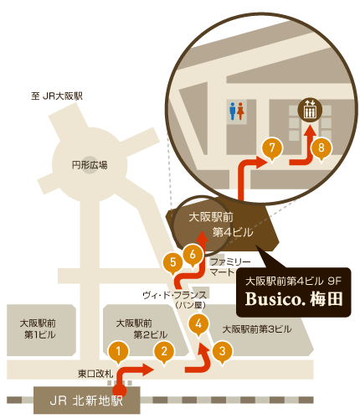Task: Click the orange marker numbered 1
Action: (119, 352)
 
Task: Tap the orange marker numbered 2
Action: (164, 352)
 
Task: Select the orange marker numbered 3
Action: (222, 352)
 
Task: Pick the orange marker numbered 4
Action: (198, 324)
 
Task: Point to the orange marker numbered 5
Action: (173, 263)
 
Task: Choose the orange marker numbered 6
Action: (193, 255)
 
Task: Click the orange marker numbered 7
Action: (272, 147)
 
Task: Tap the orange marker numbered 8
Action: (321, 147)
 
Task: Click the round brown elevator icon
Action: (310, 110)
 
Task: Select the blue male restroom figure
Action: (233, 111)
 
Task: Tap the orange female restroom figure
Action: (240, 111)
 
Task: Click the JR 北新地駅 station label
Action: (86, 401)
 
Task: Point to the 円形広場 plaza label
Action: (90, 165)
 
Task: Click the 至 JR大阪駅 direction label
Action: (57, 96)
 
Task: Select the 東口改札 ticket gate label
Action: (95, 374)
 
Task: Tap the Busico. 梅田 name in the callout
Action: (294, 299)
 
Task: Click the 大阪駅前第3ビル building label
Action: (257, 329)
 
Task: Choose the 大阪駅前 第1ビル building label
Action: (39, 328)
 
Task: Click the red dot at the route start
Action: (120, 391)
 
